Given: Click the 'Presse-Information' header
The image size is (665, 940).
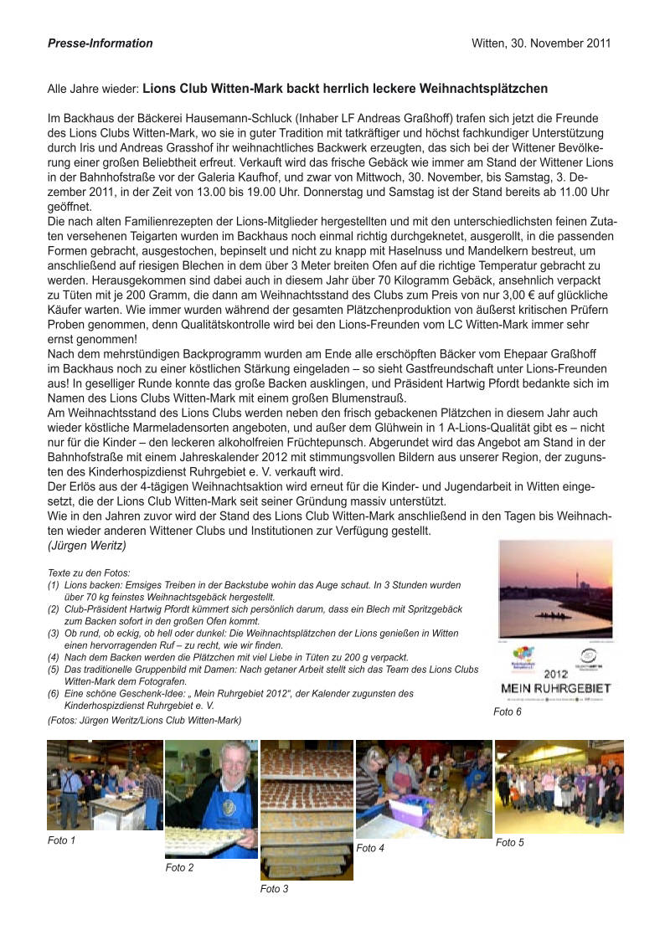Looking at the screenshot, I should point(101,44).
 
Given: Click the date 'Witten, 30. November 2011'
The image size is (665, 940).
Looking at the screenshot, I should point(541,44).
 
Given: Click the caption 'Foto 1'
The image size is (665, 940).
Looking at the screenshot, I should point(61,840).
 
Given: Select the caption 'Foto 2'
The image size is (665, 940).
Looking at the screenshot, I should point(179,868).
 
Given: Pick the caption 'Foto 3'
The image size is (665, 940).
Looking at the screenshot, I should point(274,889).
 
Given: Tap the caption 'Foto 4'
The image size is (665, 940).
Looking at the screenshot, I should point(370,848).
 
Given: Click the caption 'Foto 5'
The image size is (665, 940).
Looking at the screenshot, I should point(509,843).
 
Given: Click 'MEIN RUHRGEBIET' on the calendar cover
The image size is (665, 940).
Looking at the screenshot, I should point(555,687).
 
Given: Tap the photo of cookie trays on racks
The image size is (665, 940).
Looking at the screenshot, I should point(307,809).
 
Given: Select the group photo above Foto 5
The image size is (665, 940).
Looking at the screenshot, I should point(559,786).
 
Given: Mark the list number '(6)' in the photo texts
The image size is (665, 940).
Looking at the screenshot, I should point(54,693).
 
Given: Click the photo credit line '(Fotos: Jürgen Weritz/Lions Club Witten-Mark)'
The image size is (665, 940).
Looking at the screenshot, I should point(145,720).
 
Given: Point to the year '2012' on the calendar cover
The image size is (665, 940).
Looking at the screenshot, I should point(555,671).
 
